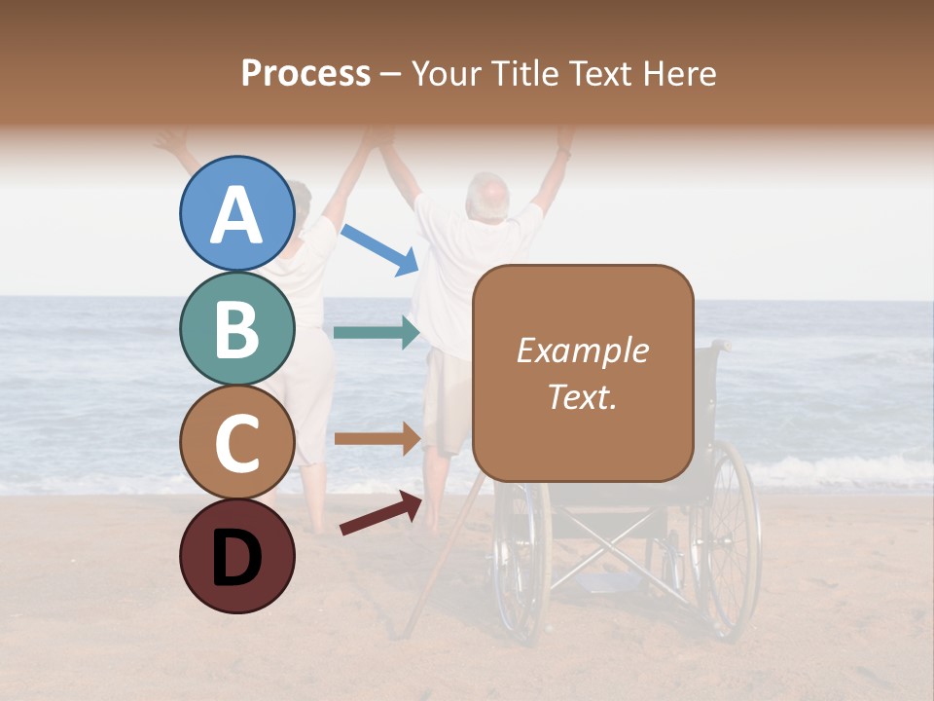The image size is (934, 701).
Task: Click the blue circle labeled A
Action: coord(236,214)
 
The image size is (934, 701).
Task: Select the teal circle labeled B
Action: coord(236,329)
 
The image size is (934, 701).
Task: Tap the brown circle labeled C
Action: coord(236,442)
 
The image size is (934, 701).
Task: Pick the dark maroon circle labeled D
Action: coord(236,556)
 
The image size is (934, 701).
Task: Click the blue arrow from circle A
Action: coord(380,248)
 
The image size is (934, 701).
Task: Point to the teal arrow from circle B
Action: coord(377,333)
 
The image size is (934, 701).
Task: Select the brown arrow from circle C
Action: coord(377,439)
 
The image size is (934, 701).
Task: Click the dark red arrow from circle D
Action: coord(380,513)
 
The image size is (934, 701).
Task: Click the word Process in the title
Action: coord(305,73)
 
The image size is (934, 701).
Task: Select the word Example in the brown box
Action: coord(582,350)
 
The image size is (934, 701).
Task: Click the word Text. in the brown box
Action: coord(582,397)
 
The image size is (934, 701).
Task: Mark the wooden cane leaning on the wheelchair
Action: coord(443,565)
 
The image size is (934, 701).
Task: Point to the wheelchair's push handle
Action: coord(719,345)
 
